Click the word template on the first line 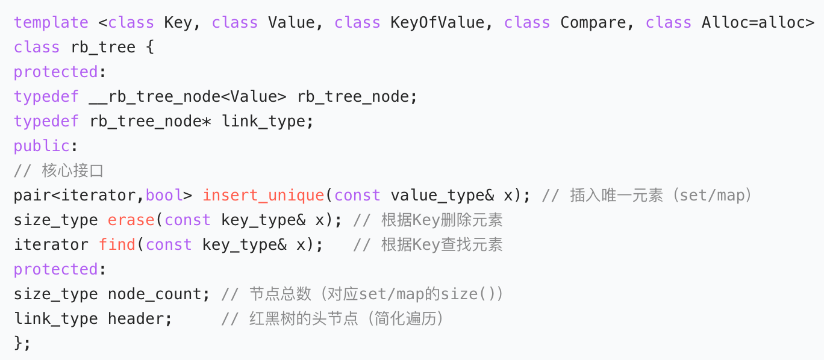point(51,23)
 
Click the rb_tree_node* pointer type point(151,122)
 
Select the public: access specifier point(42,146)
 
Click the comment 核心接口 point(72,171)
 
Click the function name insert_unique point(263,196)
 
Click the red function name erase point(131,220)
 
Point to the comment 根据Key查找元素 point(442,245)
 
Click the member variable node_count point(155,294)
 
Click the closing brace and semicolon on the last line point(22,344)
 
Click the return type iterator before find point(51,245)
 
